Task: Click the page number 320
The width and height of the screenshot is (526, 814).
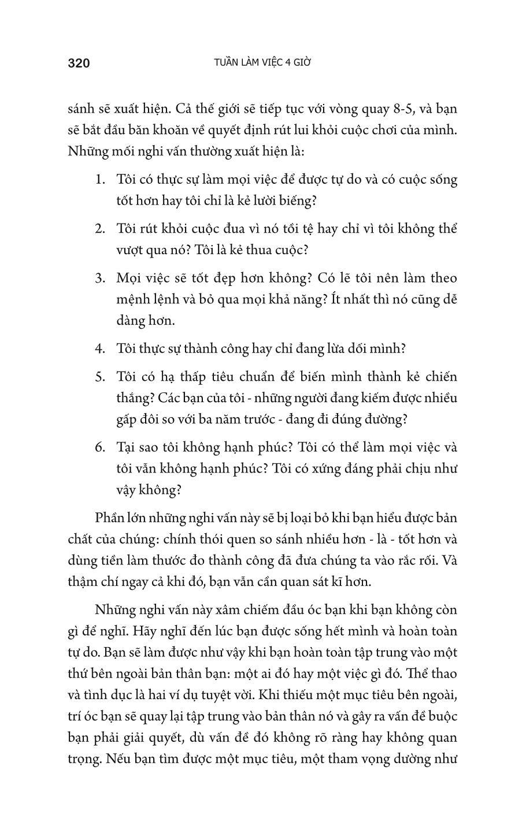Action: coord(79,63)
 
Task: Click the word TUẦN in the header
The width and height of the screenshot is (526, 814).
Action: coord(228,62)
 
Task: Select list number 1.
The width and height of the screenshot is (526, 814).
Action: coord(99,179)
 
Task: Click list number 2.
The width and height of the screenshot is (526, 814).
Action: coord(99,228)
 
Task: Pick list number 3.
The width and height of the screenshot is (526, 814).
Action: coord(99,278)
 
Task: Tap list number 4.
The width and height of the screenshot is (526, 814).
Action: coord(99,349)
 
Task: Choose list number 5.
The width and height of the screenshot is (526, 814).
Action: coord(99,377)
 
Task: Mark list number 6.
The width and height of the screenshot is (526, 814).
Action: coord(99,448)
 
